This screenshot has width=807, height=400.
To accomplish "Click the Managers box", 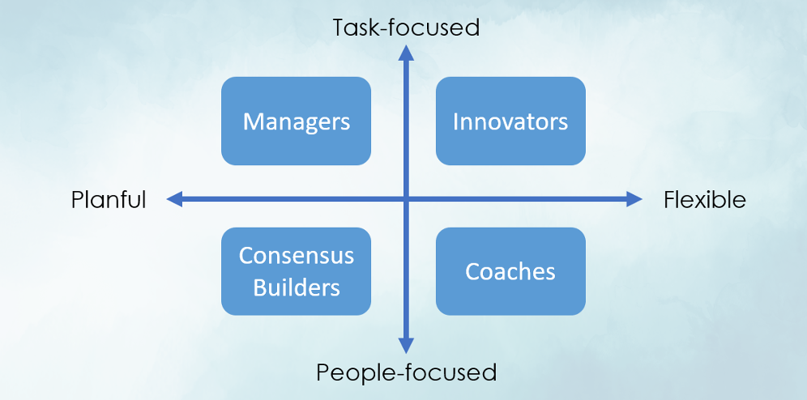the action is [x=296, y=121].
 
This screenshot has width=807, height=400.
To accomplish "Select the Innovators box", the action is [x=510, y=121].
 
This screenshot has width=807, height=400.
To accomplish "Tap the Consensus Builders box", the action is [x=296, y=271].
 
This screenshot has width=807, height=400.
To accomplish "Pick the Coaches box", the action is [x=510, y=271].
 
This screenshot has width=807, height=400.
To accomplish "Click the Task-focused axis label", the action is [x=406, y=28].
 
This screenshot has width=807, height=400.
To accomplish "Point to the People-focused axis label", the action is [x=406, y=372].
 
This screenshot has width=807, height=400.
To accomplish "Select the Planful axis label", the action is [x=109, y=199].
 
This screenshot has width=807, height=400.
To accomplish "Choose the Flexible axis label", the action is [x=705, y=199].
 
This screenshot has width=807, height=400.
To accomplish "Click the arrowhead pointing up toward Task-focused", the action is [x=406, y=53].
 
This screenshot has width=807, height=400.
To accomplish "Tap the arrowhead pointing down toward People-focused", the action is [x=406, y=346].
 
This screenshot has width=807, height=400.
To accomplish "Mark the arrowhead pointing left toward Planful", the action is [x=174, y=199].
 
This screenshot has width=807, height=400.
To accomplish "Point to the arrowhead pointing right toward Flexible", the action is [x=634, y=199].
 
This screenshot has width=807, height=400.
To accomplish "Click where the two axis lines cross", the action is [x=406, y=199].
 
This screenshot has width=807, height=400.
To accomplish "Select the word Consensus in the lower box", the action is [x=297, y=256].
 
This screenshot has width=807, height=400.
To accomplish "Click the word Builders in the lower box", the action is [x=297, y=287].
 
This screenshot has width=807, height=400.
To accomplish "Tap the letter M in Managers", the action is [x=252, y=121].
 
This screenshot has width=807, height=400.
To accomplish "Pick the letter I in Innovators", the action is [x=456, y=121].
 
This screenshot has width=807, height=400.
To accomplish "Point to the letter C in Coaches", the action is [x=472, y=272].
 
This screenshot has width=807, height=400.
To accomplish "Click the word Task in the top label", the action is [x=354, y=28].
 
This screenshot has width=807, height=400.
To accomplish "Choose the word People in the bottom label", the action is [x=348, y=372].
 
